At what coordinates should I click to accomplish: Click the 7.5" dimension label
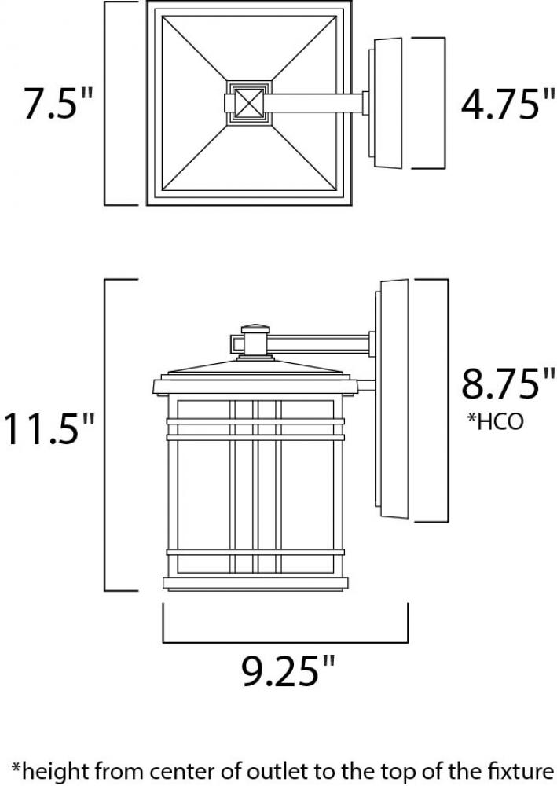point(58,103)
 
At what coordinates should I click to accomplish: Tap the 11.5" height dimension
point(49,428)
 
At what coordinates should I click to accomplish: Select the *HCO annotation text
point(495,421)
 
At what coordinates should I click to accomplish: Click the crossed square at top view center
point(250,102)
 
